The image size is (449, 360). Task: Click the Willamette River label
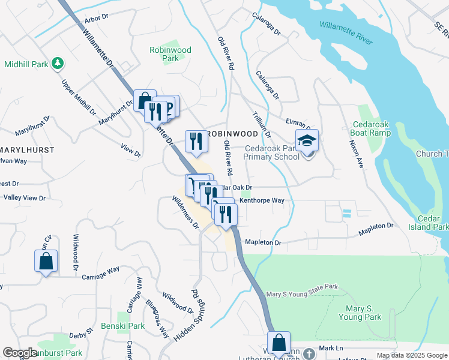coord(346,33)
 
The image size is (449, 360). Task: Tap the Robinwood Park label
coord(170,55)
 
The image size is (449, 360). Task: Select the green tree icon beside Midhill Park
coord(58,63)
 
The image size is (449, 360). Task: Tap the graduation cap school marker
coord(307,142)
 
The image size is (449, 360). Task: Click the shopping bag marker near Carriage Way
coord(46,262)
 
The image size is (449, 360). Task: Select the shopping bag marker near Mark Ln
coord(279,343)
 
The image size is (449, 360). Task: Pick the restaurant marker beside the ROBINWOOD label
coord(195,142)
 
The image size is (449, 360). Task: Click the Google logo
coord(19,353)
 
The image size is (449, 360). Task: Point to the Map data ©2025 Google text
coord(411,355)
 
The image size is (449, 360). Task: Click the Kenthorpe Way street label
coord(261,201)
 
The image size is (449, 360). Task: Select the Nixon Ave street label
coord(357,154)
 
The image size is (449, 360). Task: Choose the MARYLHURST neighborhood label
coord(27,149)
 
